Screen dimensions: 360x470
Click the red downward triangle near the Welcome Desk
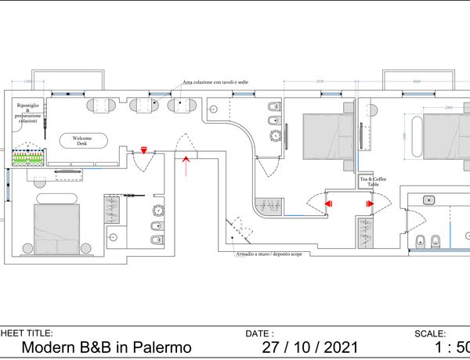click(144, 150)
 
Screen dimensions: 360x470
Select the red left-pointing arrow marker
click(328, 203)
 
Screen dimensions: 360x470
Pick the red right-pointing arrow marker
click(369, 203)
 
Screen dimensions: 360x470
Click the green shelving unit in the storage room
click(27, 158)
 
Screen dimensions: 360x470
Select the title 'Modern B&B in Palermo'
click(106, 347)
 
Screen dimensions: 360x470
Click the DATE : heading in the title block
click(259, 333)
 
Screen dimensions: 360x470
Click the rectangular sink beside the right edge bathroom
click(429, 200)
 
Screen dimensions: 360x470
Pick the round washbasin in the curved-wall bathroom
click(275, 135)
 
